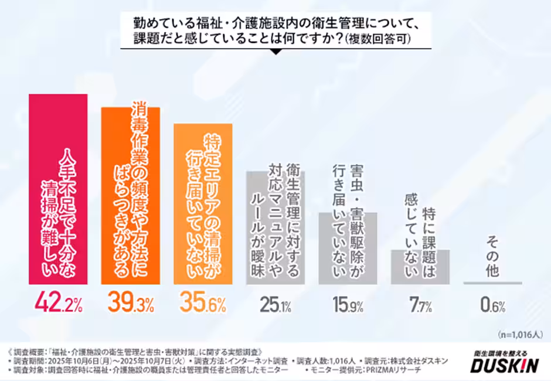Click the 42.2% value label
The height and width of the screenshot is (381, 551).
pyautogui.click(x=59, y=303)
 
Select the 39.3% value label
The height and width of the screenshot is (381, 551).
pyautogui.click(x=131, y=303)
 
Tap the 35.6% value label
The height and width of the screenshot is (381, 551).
pyautogui.click(x=203, y=303)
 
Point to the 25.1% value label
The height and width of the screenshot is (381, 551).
pyautogui.click(x=275, y=304)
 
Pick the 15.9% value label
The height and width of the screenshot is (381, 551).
pyautogui.click(x=348, y=304)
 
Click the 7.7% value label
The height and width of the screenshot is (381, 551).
pyautogui.click(x=420, y=304)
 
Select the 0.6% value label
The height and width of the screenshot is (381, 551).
pyautogui.click(x=492, y=304)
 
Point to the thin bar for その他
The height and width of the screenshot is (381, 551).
pyautogui.click(x=492, y=283)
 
